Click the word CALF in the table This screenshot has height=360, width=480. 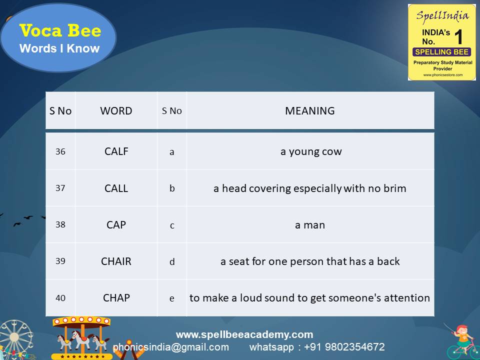coord(116,151)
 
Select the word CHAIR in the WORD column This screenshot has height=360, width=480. coord(116,261)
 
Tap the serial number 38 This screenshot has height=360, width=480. coord(60,224)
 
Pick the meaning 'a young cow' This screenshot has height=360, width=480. coord(311,151)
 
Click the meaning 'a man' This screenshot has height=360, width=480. coord(310,225)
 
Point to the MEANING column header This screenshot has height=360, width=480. coord(310,111)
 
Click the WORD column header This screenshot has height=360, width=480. coord(116,111)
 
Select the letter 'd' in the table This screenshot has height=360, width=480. coord(172,261)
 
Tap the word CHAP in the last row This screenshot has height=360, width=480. coord(116,297)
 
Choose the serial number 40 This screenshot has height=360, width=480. coord(60,297)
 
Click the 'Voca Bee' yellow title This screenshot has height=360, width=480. coord(60,31)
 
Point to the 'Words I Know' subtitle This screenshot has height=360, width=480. coord(59,48)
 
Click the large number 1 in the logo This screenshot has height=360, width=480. coord(458,37)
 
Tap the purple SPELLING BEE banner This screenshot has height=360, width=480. coord(441,52)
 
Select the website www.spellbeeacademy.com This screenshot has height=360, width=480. coord(244,334)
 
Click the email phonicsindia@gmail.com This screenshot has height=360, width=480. coord(170,347)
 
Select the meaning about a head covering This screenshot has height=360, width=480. coord(310,188)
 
